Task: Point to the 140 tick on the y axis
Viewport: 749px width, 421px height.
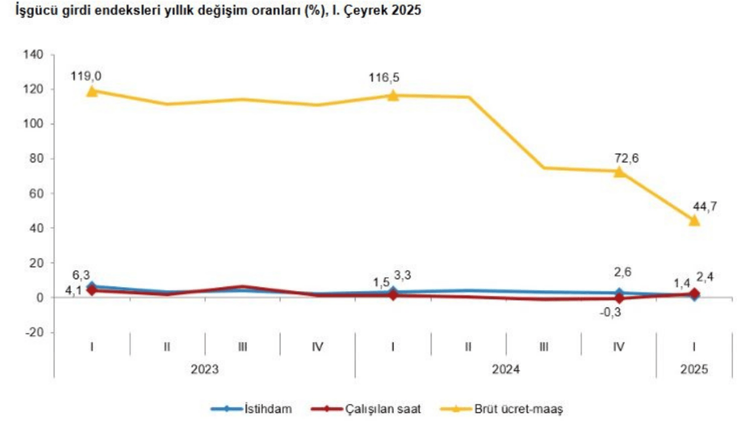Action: (x=33, y=55)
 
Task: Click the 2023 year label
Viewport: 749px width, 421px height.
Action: (x=205, y=370)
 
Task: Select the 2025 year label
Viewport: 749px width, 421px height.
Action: (x=694, y=370)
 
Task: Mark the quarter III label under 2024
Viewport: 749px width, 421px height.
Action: (x=544, y=347)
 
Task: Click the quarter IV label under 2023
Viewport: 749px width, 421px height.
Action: (x=318, y=347)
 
